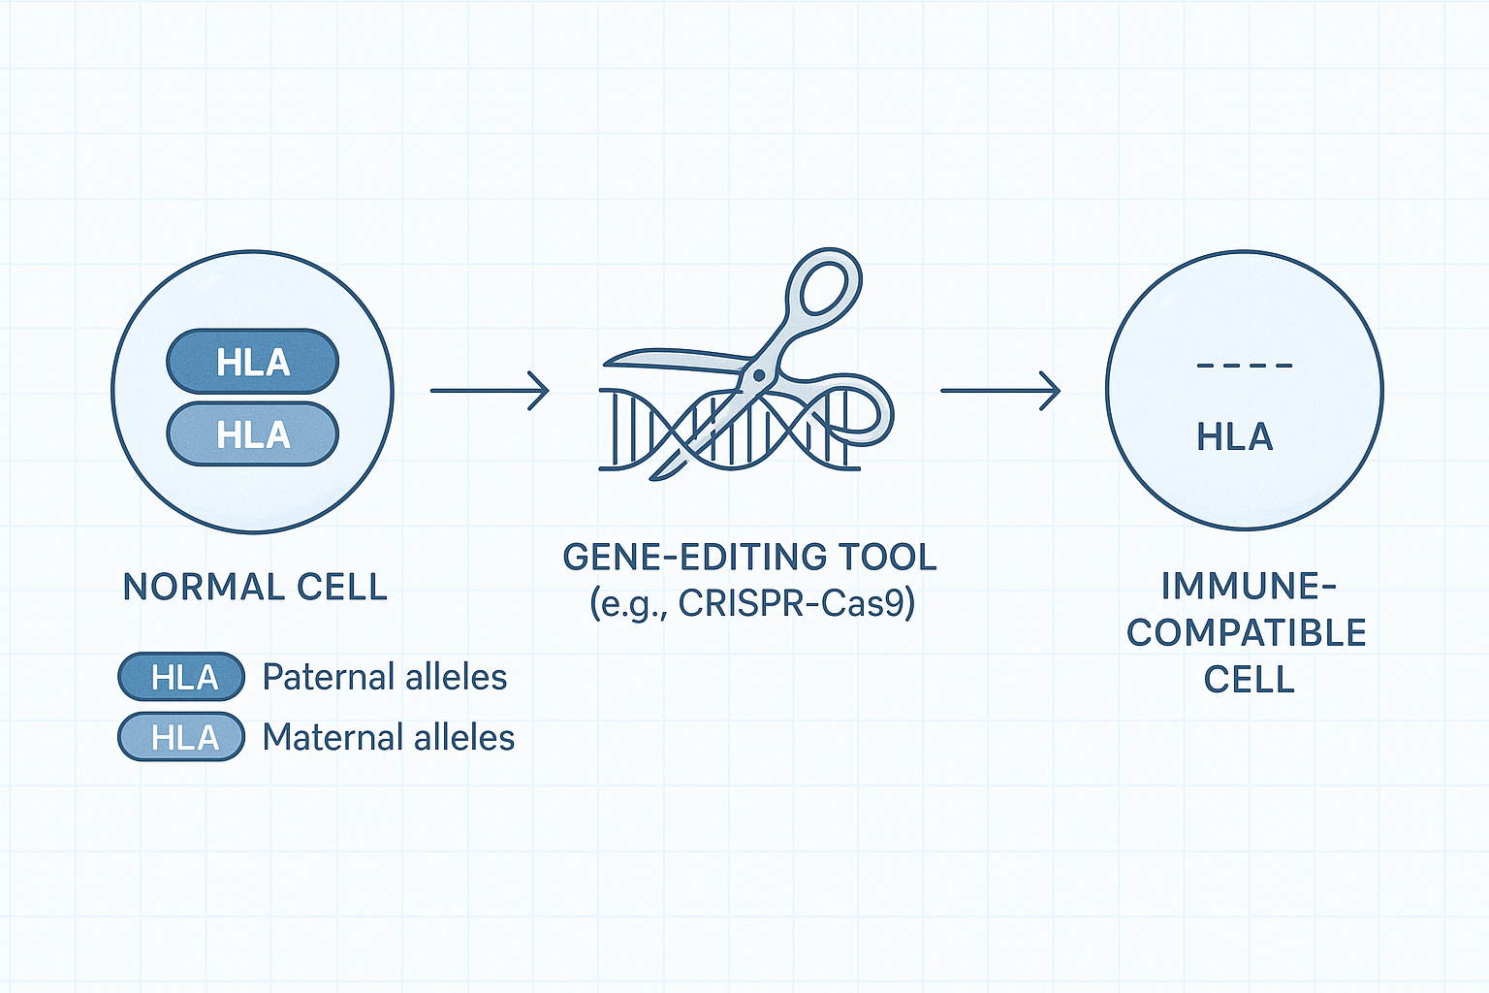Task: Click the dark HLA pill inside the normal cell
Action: [253, 362]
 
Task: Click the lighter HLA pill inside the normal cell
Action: [253, 434]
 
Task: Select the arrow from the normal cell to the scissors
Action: [490, 391]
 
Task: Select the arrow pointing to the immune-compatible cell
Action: [1000, 391]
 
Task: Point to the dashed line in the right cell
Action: [1245, 366]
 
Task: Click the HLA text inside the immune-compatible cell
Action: [1235, 437]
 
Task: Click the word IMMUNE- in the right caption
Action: [1249, 586]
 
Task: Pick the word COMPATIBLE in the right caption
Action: [1247, 632]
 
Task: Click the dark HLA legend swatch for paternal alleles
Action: [181, 677]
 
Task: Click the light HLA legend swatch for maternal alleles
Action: [181, 736]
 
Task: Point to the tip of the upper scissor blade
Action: [605, 364]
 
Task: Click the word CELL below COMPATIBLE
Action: [1249, 679]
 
